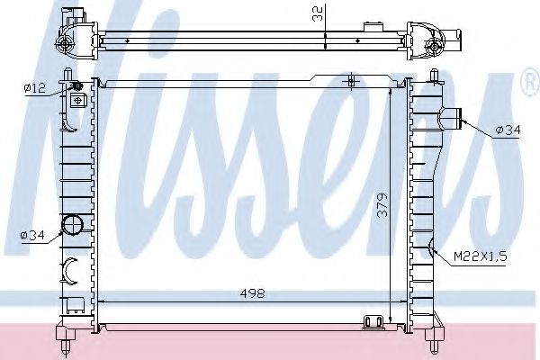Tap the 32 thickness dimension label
(x=317, y=13)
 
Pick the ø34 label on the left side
(x=32, y=236)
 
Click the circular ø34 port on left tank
(x=71, y=225)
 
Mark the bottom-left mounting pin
(x=67, y=339)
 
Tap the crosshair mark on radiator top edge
(x=352, y=82)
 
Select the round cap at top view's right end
(x=436, y=46)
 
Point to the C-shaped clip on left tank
(x=69, y=267)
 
